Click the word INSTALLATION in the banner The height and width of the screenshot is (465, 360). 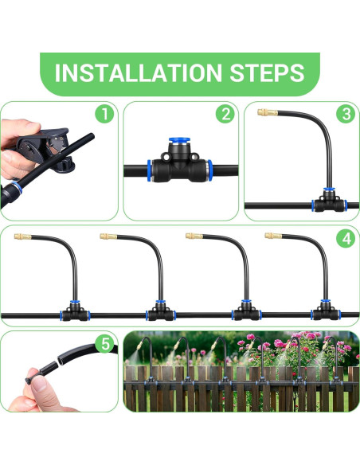[x=139, y=72]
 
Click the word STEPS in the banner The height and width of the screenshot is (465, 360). [x=267, y=72]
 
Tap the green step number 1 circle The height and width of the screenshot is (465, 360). [x=104, y=114]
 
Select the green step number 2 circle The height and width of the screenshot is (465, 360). [x=225, y=114]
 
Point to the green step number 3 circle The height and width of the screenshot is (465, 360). [x=346, y=114]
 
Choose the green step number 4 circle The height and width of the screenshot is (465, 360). [x=346, y=239]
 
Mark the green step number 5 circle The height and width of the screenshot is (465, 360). [x=105, y=344]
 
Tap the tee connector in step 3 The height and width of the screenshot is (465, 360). [x=329, y=201]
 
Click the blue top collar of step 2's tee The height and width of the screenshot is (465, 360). [x=179, y=139]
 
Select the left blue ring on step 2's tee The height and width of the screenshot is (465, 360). [x=150, y=170]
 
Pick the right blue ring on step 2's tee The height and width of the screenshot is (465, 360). [x=209, y=170]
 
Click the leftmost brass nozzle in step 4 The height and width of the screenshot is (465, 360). [x=23, y=236]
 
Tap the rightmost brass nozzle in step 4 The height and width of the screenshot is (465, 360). [x=273, y=236]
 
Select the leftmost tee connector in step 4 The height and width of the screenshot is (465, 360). [x=75, y=311]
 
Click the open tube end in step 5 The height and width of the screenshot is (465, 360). [x=63, y=359]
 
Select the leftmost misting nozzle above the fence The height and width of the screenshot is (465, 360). [x=139, y=346]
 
